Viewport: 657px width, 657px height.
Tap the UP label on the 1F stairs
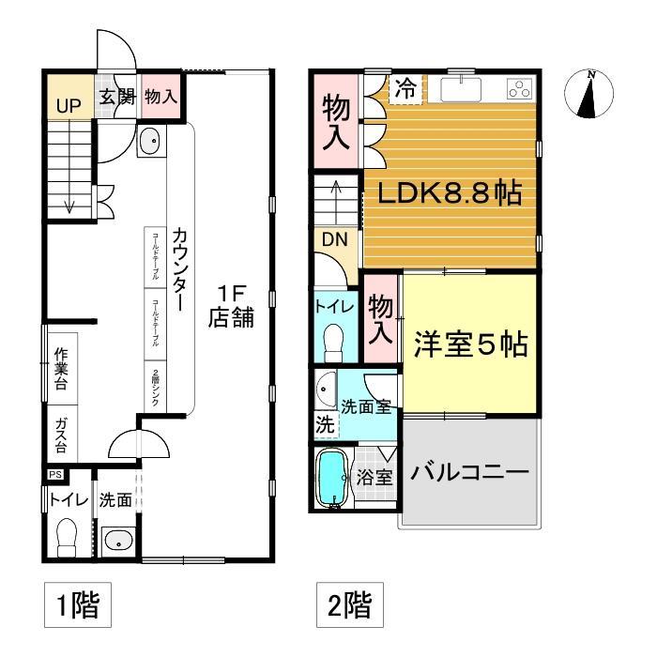tap(68, 105)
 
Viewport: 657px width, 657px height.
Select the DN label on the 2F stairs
tap(335, 239)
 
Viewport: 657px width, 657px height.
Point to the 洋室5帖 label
tap(470, 344)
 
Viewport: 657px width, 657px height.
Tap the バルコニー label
tap(470, 471)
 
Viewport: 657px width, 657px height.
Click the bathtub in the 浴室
tap(332, 480)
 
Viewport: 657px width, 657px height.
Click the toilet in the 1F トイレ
tap(67, 539)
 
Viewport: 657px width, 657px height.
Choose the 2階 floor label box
tap(348, 605)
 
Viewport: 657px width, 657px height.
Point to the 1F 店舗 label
tap(230, 306)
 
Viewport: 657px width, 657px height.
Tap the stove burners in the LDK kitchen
tap(518, 90)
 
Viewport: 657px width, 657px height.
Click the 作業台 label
tap(62, 367)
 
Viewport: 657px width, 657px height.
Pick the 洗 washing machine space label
tap(325, 424)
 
